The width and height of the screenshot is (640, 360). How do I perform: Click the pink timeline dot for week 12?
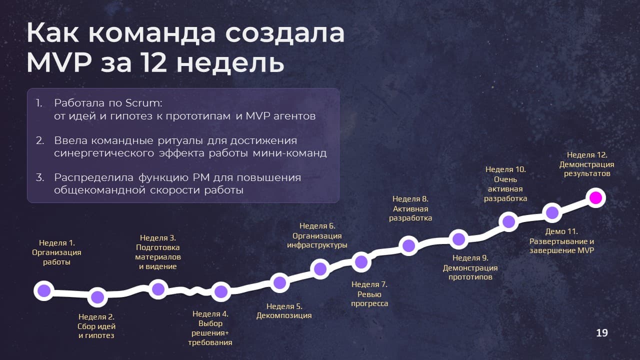tap(595, 197)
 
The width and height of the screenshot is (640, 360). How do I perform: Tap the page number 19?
tap(602, 333)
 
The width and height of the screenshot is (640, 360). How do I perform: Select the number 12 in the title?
tap(154, 62)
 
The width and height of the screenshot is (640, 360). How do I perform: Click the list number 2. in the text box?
tap(39, 140)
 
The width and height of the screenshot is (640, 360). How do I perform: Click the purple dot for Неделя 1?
tap(44, 290)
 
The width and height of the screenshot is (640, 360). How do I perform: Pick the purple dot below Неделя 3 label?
tap(158, 289)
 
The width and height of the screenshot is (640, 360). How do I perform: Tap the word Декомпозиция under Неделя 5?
tap(284, 315)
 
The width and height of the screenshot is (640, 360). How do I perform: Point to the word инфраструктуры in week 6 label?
tap(317, 245)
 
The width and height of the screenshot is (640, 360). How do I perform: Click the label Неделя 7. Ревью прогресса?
tap(369, 294)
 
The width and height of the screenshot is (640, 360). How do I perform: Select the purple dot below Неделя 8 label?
tap(408, 245)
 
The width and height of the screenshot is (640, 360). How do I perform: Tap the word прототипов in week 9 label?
tap(470, 277)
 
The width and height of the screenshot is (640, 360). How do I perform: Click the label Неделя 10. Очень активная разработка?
tap(505, 184)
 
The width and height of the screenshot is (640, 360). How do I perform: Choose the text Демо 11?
tap(561, 231)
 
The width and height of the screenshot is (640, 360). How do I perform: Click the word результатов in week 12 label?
tap(587, 173)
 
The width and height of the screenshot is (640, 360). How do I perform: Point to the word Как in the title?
tap(52, 33)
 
